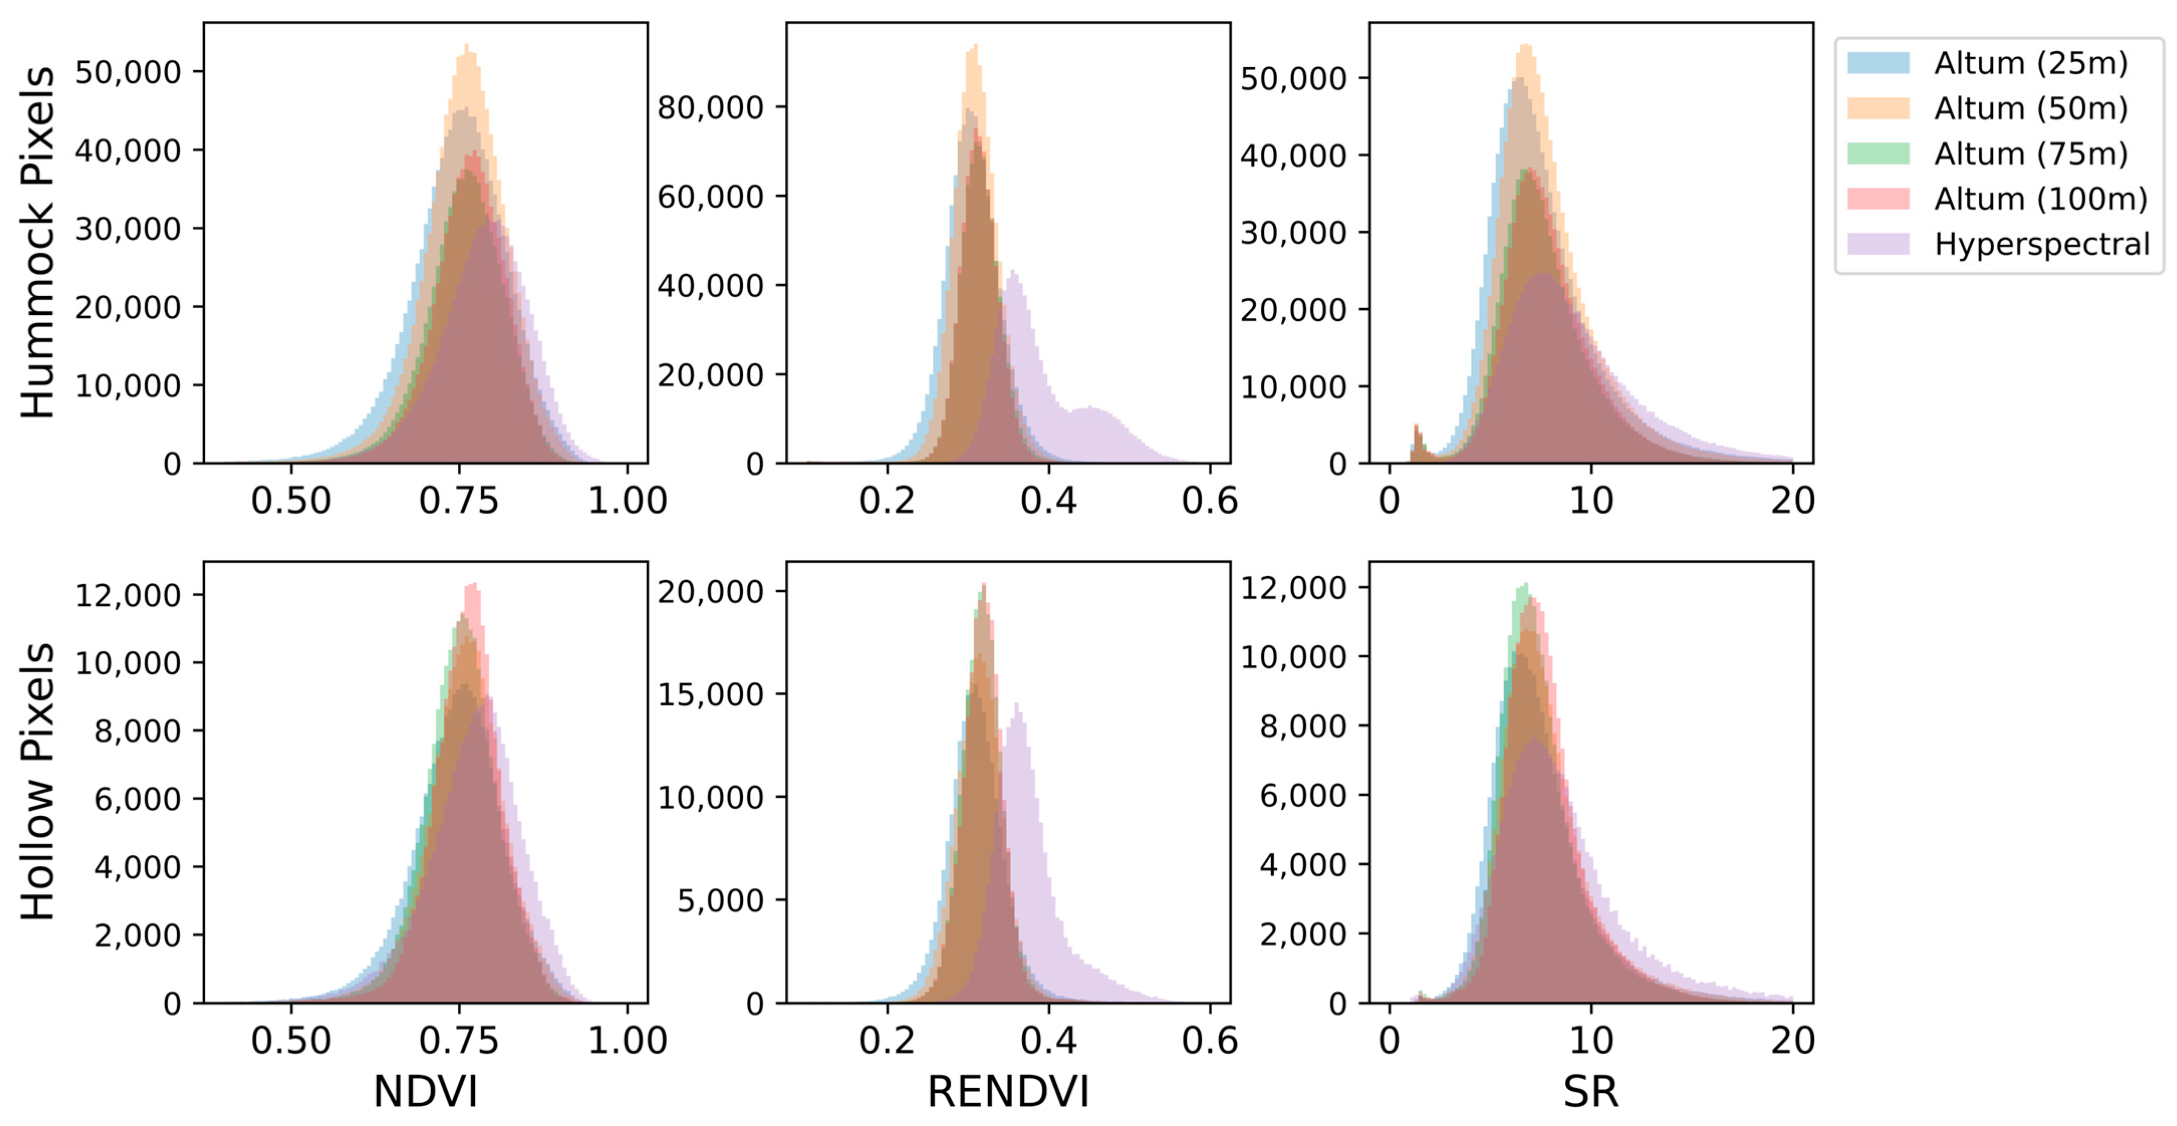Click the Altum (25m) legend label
pyautogui.click(x=2031, y=63)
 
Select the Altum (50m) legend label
pyautogui.click(x=2031, y=108)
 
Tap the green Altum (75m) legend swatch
pyautogui.click(x=1878, y=154)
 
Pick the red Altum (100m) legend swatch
pyautogui.click(x=1878, y=199)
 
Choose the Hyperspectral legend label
pyautogui.click(x=2042, y=244)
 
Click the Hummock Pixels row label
pyautogui.click(x=38, y=242)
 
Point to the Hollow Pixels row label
pyautogui.click(x=38, y=782)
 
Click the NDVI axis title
pyautogui.click(x=425, y=1091)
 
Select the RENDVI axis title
pyautogui.click(x=1008, y=1091)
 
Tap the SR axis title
pyautogui.click(x=1590, y=1091)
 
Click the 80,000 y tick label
pyautogui.click(x=710, y=108)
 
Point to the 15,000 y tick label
pyautogui.click(x=710, y=695)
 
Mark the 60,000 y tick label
pyautogui.click(x=710, y=197)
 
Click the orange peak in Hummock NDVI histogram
pyautogui.click(x=467, y=47)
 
